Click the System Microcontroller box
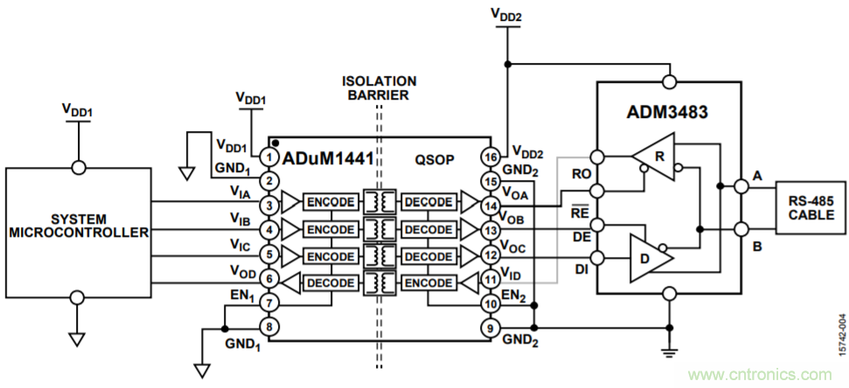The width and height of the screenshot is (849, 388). click(78, 232)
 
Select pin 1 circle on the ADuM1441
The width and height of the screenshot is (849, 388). click(270, 158)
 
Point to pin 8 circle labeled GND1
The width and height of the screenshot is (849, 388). click(270, 328)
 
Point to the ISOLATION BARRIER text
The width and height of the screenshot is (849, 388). click(377, 87)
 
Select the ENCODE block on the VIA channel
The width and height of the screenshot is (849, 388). click(331, 203)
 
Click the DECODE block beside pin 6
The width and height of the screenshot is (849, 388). click(331, 282)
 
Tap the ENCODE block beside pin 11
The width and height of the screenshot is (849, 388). click(428, 282)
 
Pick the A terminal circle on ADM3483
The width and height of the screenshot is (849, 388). click(741, 186)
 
